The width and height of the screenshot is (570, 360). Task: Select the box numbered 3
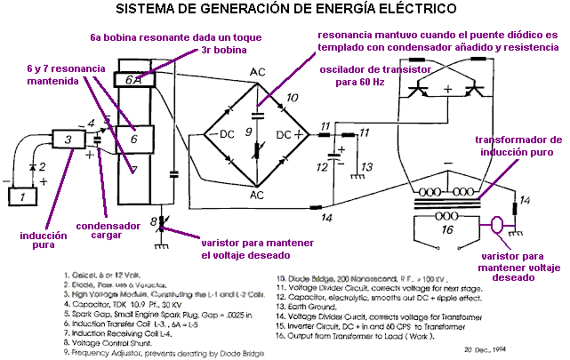point(67,140)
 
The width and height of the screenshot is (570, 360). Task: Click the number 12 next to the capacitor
point(323,166)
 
